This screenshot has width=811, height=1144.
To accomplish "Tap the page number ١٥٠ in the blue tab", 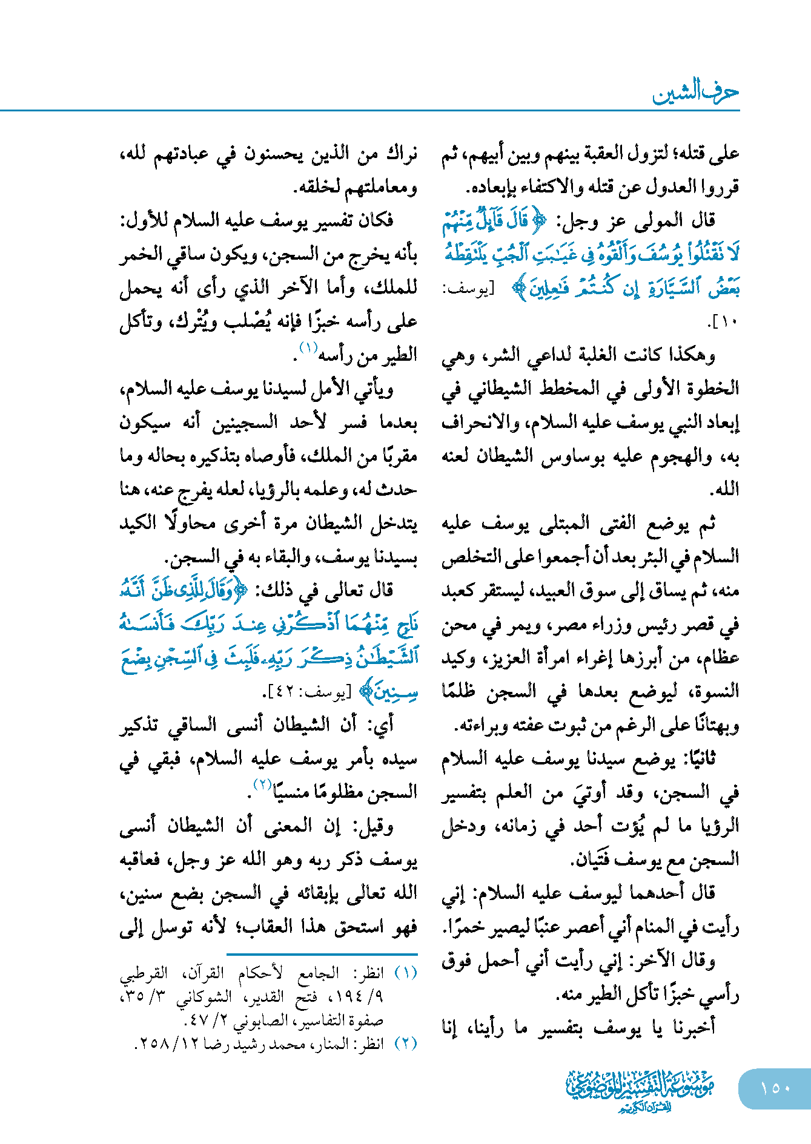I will [x=775, y=1088].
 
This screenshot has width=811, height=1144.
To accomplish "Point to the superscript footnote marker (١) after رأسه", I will [x=308, y=348].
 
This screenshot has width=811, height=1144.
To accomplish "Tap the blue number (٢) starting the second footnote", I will [x=406, y=1044].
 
